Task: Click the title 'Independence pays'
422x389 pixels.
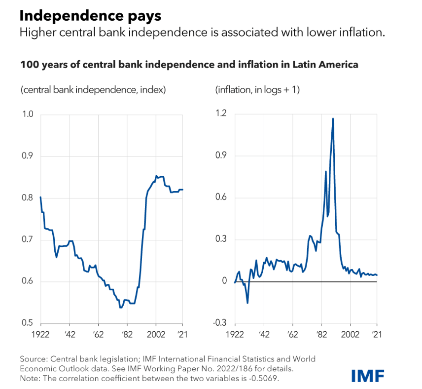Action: (x=90, y=16)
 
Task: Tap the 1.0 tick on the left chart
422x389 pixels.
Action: (x=27, y=115)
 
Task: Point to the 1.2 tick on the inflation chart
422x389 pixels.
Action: (x=221, y=114)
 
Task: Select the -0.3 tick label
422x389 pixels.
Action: (x=219, y=323)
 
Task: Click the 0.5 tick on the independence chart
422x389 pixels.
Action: (x=27, y=323)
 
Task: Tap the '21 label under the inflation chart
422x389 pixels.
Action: (x=377, y=334)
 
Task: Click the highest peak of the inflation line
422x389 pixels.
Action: (x=333, y=118)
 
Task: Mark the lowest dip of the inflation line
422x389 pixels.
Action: (x=247, y=303)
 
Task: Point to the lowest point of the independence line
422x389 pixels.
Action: (x=120, y=308)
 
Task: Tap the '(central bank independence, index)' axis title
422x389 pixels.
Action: (x=93, y=90)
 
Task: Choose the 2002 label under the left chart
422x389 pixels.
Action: (x=156, y=334)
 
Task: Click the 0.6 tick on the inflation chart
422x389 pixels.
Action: (x=221, y=198)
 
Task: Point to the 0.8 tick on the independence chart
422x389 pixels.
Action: (x=27, y=198)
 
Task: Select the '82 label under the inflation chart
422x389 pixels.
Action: (x=321, y=334)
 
